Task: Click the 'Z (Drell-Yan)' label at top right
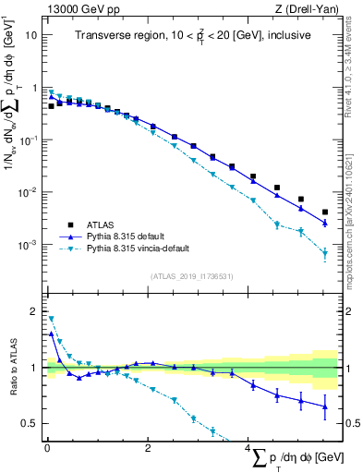tap(309, 9)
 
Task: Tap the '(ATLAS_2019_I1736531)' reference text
tap(191, 276)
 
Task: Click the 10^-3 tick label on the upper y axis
tap(30, 245)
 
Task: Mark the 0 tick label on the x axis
tap(47, 449)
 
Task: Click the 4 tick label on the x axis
tap(248, 449)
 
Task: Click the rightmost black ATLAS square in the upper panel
tap(324, 212)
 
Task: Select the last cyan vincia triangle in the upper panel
tap(324, 254)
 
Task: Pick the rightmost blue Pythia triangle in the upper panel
tap(324, 223)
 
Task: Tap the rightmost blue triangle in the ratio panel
tap(324, 406)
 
